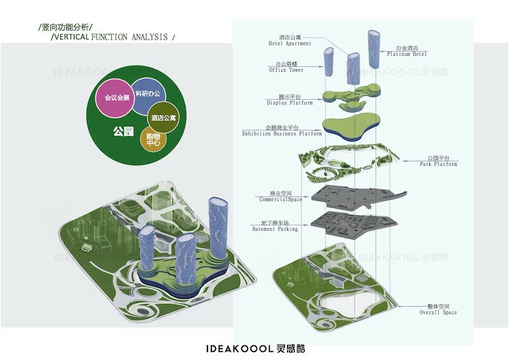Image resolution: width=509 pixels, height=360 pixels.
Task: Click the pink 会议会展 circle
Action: (117, 99)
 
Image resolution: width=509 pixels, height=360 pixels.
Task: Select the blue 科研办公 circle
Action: (147, 95)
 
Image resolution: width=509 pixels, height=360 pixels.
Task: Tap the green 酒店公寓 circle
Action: (164, 118)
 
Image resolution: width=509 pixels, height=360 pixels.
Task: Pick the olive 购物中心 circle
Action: (153, 140)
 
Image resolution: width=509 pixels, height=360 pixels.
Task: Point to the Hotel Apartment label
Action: (289, 40)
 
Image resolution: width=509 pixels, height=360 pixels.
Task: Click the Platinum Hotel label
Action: (410, 51)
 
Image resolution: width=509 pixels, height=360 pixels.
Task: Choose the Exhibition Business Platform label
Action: (282, 131)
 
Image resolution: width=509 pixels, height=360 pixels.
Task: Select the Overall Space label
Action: (438, 310)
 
